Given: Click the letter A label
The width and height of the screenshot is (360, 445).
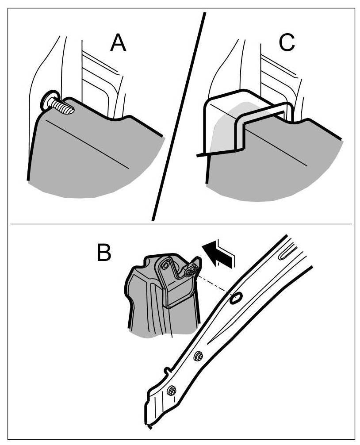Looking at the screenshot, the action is click(118, 43).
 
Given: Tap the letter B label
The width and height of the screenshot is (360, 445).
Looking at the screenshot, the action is click(104, 253).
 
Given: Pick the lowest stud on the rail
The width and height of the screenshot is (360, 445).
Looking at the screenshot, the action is click(172, 390).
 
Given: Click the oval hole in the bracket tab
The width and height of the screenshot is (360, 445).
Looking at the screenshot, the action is click(167, 266).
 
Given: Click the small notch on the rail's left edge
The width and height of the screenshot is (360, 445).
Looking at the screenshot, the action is click(166, 369).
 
